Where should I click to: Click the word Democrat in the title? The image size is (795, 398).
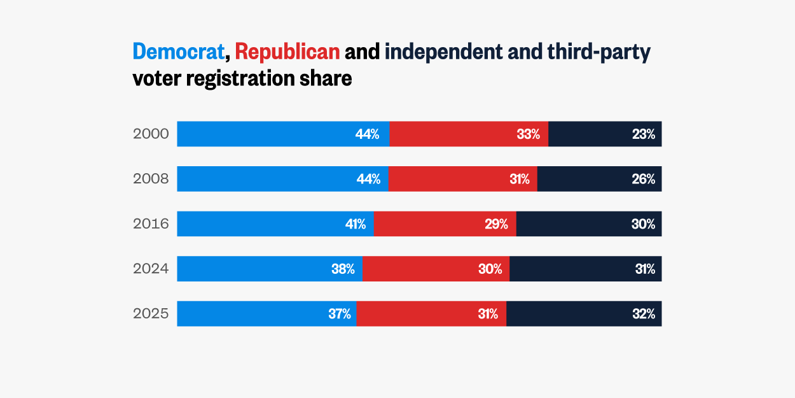(x=179, y=52)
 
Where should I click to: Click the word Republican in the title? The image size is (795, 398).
(x=287, y=52)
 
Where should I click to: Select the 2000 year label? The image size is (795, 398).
(x=151, y=134)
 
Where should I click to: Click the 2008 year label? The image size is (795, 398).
(x=151, y=179)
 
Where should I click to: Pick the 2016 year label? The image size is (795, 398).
(x=151, y=224)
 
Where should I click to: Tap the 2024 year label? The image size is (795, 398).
(x=151, y=269)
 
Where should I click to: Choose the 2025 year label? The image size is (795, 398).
(x=151, y=314)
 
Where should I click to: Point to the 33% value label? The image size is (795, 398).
(x=528, y=134)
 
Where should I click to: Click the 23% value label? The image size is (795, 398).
(x=643, y=134)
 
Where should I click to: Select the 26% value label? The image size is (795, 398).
(x=643, y=179)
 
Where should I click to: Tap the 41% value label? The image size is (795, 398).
(x=355, y=224)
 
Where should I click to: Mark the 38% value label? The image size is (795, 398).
(x=343, y=269)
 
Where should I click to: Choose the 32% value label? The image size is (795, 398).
(x=643, y=314)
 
